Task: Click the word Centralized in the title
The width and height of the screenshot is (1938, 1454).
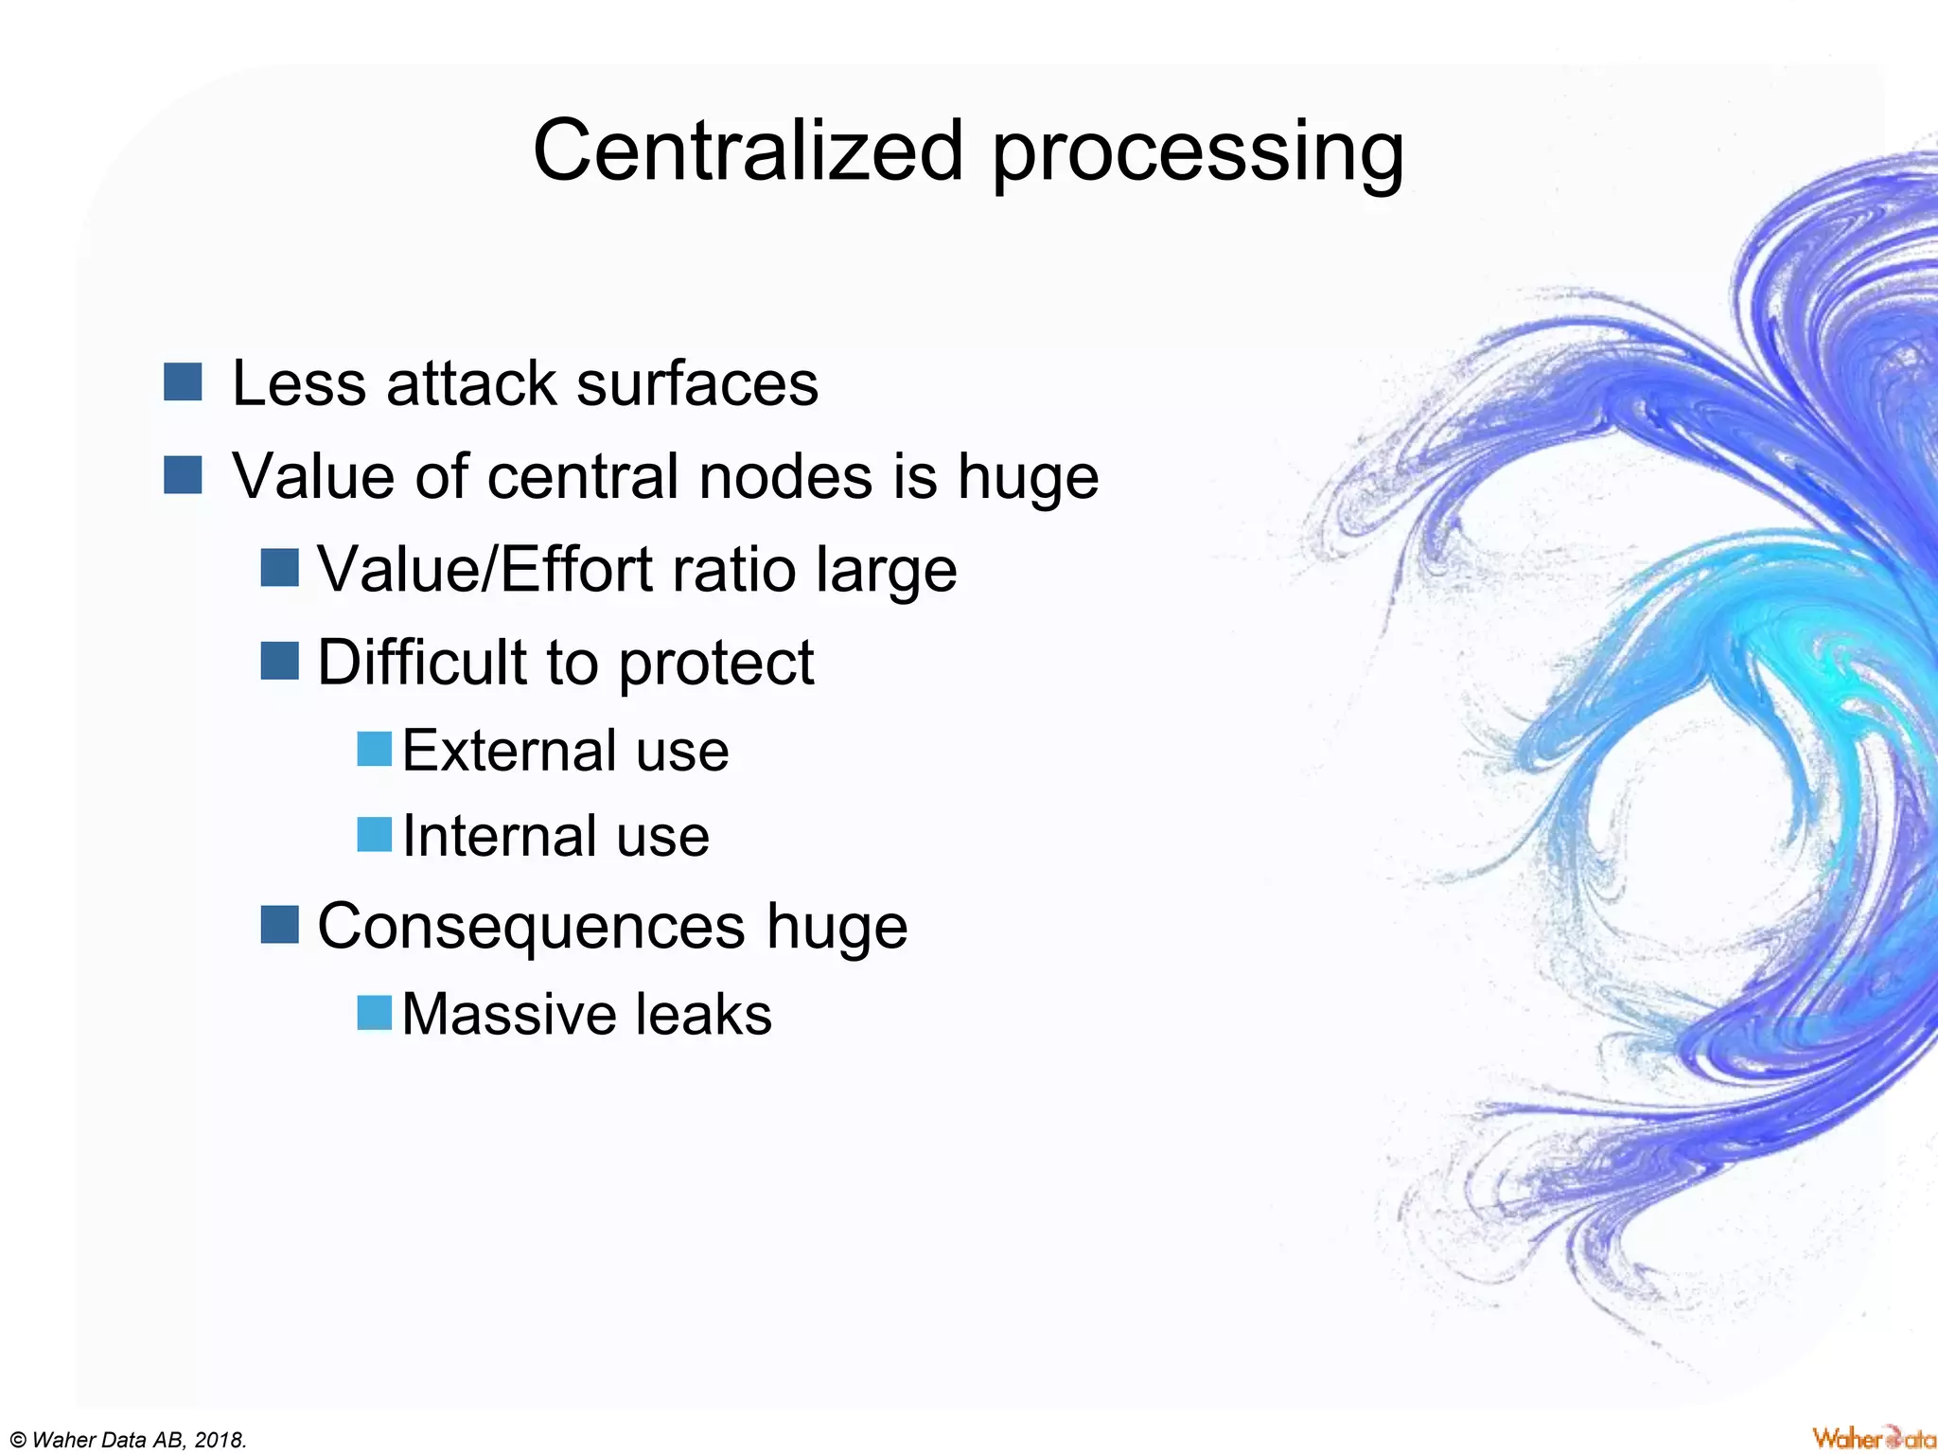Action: pos(748,151)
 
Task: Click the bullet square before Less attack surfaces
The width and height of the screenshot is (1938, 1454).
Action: pos(183,382)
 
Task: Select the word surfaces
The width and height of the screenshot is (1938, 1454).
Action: pos(697,384)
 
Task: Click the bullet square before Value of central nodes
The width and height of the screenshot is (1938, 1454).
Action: pos(183,475)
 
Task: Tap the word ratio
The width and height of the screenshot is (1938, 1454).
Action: pos(733,570)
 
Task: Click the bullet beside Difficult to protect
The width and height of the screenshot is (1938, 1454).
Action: pos(280,661)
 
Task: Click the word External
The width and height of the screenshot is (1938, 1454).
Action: pos(506,751)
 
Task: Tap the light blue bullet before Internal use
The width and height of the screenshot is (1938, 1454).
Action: pos(374,835)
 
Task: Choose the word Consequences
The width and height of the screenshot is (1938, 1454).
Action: pos(531,927)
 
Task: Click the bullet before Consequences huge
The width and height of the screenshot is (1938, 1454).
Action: pos(280,924)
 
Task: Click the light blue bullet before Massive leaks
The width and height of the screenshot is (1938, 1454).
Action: pos(374,1013)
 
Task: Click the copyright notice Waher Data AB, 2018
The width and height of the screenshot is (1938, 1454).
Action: pos(127,1440)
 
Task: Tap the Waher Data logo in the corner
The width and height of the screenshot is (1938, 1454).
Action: pos(1873,1438)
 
